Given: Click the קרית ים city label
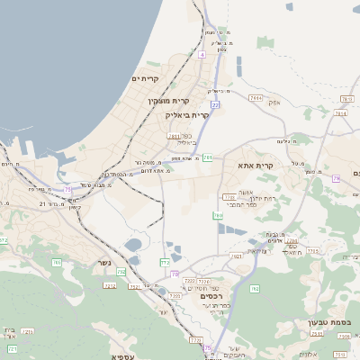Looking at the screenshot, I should pyautogui.click(x=144, y=78).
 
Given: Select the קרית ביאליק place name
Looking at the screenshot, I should pyautogui.click(x=187, y=115).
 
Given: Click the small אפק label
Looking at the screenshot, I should pyautogui.click(x=275, y=103).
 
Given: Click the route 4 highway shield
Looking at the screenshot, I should pyautogui.click(x=202, y=55).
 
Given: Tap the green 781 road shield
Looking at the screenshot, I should pyautogui.click(x=208, y=157).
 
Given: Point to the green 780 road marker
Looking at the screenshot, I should pyautogui.click(x=218, y=216).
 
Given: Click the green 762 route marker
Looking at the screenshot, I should pyautogui.click(x=255, y=289).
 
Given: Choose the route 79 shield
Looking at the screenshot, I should pyautogui.click(x=336, y=178).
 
